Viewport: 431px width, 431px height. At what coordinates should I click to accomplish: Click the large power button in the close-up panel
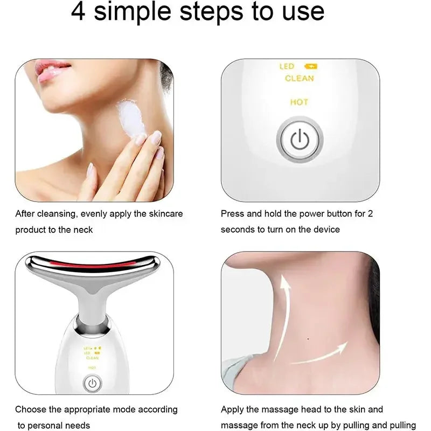point(299,140)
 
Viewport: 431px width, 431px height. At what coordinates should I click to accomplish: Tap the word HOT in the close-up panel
point(299,102)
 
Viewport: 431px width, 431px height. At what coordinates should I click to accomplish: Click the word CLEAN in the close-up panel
point(299,79)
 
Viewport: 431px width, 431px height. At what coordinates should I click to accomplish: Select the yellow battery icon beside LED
point(311,67)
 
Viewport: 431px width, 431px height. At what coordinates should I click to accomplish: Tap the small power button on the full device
point(92,384)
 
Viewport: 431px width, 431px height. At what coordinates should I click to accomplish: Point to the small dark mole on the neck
point(307,338)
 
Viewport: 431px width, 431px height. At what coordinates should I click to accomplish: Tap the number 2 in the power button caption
point(370,214)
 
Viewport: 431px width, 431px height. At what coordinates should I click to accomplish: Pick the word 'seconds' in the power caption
point(237,230)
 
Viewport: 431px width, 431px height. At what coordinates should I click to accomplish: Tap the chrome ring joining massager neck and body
point(93,323)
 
